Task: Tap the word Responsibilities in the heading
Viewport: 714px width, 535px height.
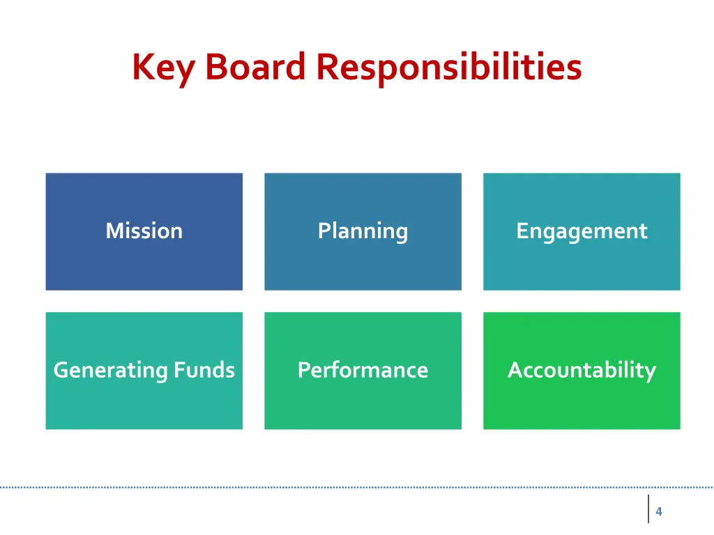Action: [x=448, y=68]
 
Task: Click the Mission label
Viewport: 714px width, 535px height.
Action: [x=144, y=231]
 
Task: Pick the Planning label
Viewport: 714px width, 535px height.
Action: [x=363, y=231]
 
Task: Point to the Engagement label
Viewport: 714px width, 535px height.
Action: [x=582, y=231]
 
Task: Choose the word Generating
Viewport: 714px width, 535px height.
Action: [x=110, y=370]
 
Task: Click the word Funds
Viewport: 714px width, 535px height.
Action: [x=204, y=369]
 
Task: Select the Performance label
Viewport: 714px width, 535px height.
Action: [x=363, y=370]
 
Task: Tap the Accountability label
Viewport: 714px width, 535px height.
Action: [x=582, y=370]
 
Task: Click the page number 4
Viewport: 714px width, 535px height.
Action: [x=658, y=512]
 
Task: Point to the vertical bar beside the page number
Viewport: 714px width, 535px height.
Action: [x=648, y=509]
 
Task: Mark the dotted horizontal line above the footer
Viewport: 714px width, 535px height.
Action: [x=349, y=487]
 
